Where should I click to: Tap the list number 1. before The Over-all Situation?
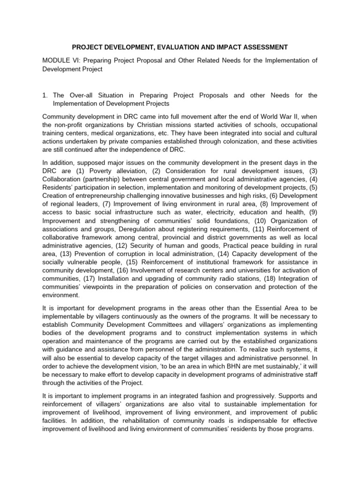[x=45, y=95]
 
